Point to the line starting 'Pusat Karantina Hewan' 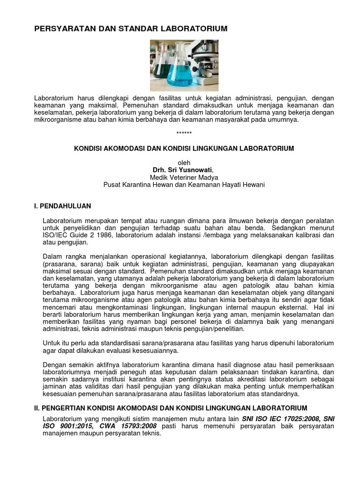(x=184, y=185)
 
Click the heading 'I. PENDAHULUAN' (x=63, y=206)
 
